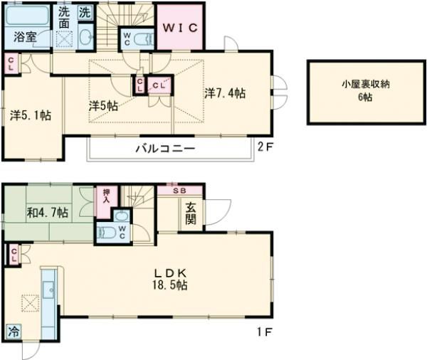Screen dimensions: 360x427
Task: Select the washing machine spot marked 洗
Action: [x=85, y=12]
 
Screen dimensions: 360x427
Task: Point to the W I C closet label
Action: [x=181, y=28]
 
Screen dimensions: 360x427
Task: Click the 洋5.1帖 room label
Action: [x=30, y=114]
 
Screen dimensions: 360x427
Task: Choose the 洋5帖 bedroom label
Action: [x=103, y=105]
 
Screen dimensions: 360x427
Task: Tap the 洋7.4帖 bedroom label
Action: [x=226, y=92]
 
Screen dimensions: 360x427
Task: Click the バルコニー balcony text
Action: [x=165, y=149]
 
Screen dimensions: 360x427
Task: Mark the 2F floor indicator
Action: [x=264, y=148]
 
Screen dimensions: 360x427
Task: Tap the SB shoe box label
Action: [x=180, y=191]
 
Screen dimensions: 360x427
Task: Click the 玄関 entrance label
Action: [x=192, y=214]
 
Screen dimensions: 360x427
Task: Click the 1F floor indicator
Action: [x=263, y=332]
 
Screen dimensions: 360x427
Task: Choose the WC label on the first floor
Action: [x=122, y=232]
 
